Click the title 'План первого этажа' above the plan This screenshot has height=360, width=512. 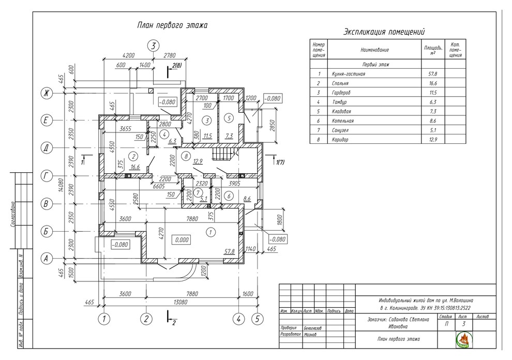click(x=172, y=25)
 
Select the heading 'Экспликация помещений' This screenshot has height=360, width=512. click(x=384, y=32)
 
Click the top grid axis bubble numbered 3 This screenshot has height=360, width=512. click(x=153, y=46)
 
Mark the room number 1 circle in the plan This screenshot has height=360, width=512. click(x=210, y=233)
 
